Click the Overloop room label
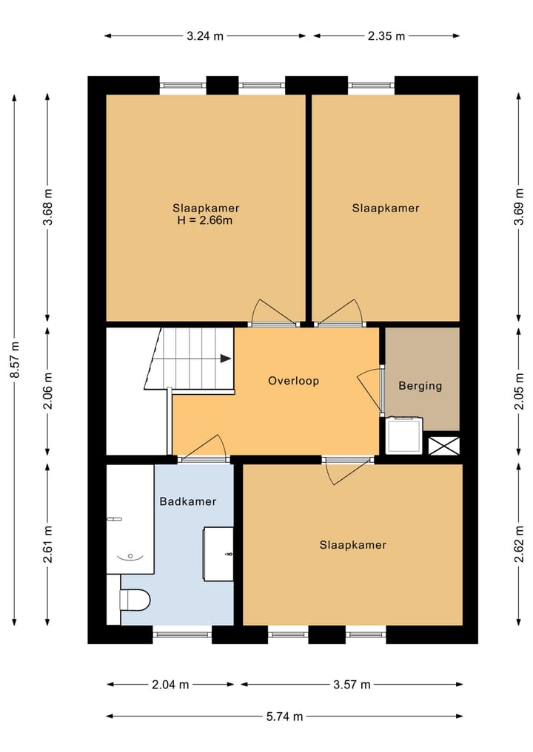(293, 381)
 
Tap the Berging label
(420, 385)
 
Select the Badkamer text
(188, 501)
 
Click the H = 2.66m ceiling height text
(205, 220)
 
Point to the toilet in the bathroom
(135, 600)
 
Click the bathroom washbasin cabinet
(218, 554)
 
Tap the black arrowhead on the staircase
(226, 359)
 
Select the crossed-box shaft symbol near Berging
(443, 446)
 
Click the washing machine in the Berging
(404, 435)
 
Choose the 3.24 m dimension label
(205, 36)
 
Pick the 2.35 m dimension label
(386, 36)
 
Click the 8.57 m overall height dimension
(15, 359)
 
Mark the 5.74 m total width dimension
(285, 717)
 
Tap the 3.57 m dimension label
(352, 685)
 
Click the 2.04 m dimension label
(170, 685)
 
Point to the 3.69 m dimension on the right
(519, 207)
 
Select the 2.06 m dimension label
(47, 391)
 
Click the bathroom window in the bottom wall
(182, 634)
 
